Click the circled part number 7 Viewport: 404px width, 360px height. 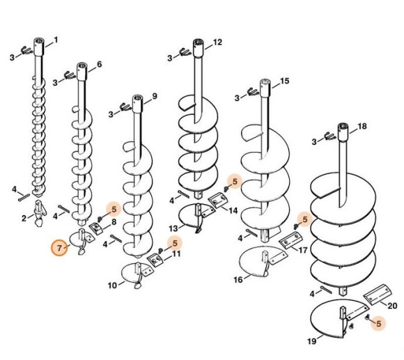point(59,248)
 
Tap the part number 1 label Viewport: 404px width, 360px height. point(56,40)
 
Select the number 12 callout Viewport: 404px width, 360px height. point(217,42)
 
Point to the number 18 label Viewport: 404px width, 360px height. point(362,127)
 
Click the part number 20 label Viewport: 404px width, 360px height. point(392,306)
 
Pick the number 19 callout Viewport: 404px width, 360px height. point(312,341)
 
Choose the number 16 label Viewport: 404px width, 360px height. point(238,280)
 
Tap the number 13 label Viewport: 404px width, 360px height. point(173,228)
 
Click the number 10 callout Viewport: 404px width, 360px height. point(112,285)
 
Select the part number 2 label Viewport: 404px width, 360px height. point(24,219)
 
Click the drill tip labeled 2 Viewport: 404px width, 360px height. point(40,212)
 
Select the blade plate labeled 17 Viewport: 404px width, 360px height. point(290,240)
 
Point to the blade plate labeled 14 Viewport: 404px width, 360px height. point(218,201)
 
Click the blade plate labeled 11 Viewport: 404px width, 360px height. point(155,260)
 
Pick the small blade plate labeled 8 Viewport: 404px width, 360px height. point(96,228)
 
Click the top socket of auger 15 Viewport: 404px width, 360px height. point(265,87)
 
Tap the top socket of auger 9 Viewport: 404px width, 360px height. point(138,103)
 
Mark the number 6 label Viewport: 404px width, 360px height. point(99,64)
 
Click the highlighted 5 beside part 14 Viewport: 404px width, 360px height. point(235,181)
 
